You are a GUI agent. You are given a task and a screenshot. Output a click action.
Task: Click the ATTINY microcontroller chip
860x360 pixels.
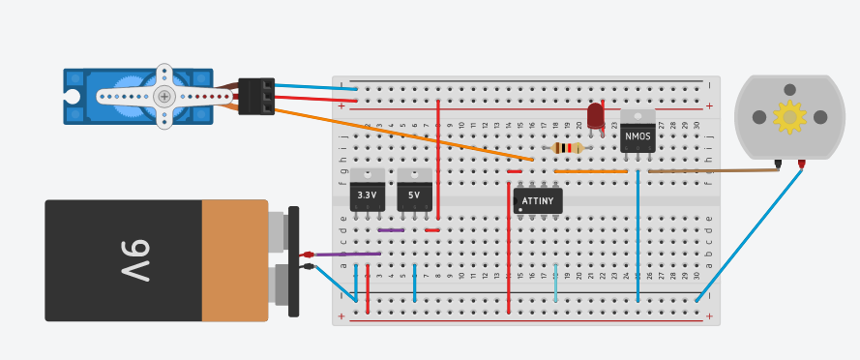click(538, 201)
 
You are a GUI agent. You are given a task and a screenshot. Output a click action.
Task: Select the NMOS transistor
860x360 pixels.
click(638, 135)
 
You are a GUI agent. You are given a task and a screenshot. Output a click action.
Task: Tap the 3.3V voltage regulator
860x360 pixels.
click(367, 194)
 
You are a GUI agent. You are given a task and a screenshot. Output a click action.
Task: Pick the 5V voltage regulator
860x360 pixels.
click(414, 194)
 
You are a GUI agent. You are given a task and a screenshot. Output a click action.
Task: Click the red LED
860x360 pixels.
click(596, 116)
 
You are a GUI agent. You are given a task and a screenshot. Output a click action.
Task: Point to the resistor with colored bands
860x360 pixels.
click(567, 148)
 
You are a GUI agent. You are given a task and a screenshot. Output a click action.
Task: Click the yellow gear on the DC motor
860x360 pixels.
click(789, 117)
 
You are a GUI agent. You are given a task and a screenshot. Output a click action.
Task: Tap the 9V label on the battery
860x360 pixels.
click(134, 259)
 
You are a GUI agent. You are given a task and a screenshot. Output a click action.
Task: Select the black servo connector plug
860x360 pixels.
click(256, 97)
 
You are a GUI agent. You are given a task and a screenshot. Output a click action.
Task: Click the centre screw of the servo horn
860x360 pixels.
click(164, 96)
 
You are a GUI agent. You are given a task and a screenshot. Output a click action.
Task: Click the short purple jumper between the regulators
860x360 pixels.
click(391, 230)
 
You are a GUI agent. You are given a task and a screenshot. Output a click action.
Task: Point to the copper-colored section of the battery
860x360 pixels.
click(234, 260)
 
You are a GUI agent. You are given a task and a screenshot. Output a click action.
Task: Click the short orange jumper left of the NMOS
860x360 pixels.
click(590, 171)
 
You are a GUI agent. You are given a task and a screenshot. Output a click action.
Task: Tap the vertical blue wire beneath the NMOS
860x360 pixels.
click(638, 237)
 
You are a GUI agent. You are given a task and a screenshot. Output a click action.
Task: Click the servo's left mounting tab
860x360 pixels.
click(73, 96)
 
